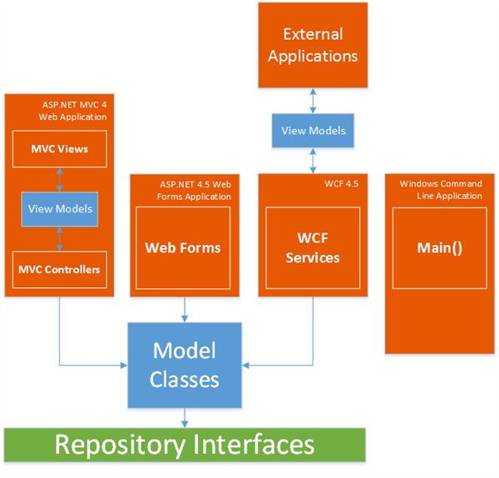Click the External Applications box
312,45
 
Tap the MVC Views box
60,149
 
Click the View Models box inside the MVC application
60,208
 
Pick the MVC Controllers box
60,269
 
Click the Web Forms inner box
183,247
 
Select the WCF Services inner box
312,248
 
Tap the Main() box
439,248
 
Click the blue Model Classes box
184,365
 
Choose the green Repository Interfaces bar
184,444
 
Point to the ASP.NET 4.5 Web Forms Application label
195,190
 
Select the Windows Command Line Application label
440,190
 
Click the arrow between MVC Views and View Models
60,178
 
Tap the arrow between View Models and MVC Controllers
60,238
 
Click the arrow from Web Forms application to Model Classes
184,308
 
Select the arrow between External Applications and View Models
312,100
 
